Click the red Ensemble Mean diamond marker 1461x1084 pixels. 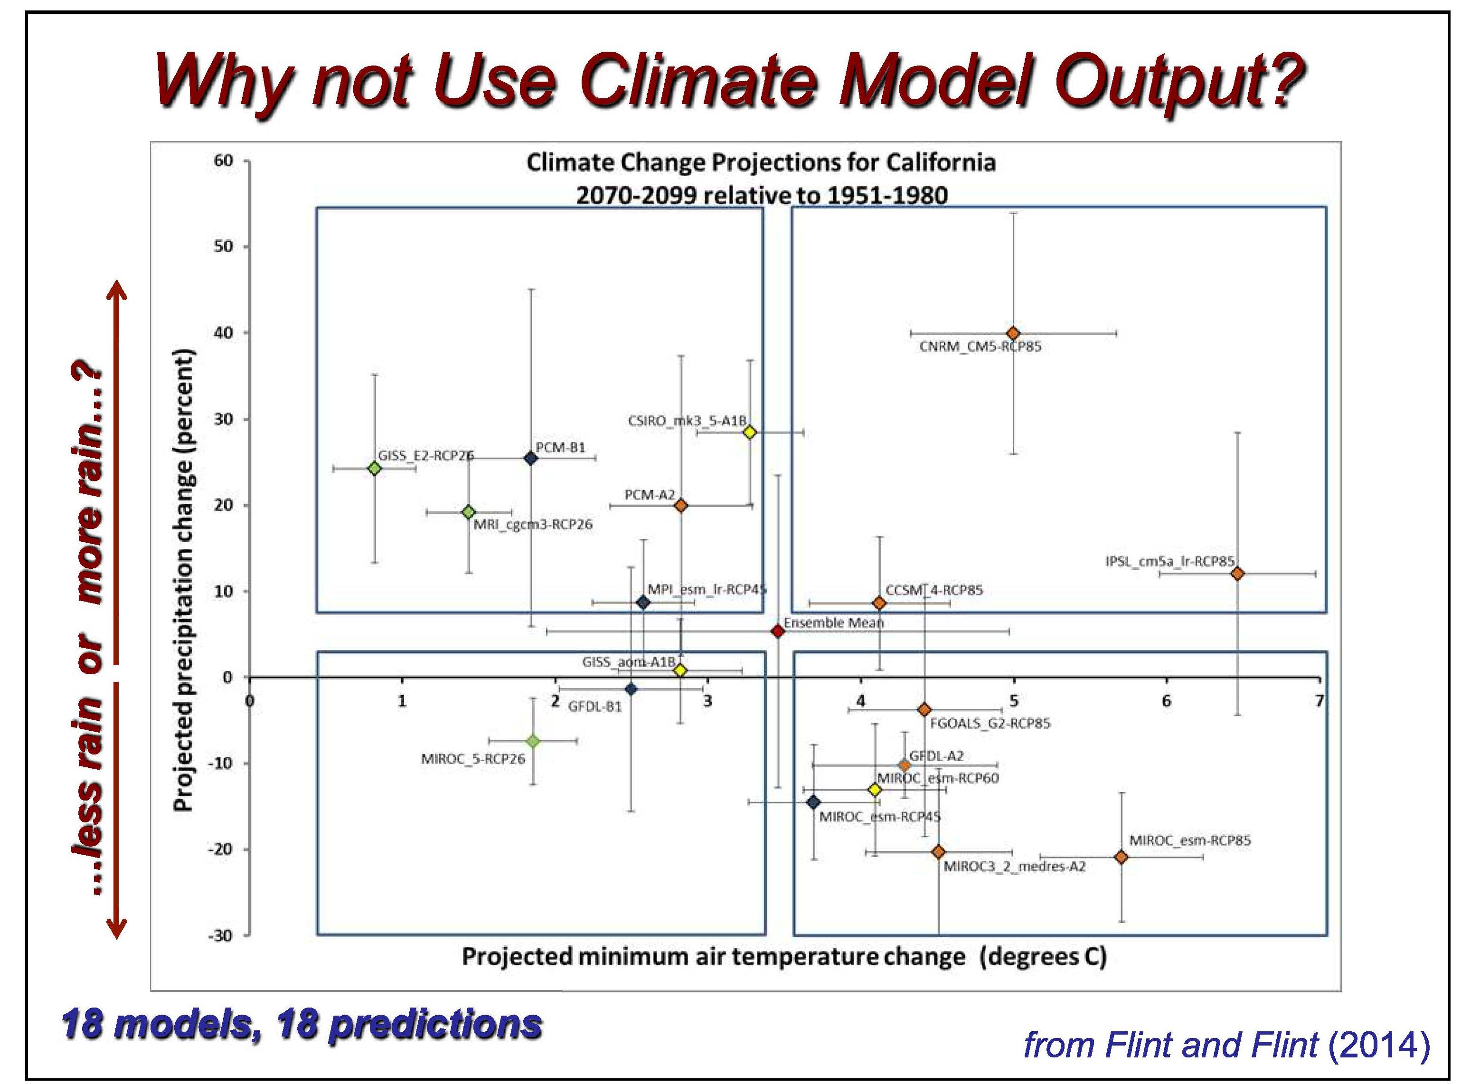pyautogui.click(x=777, y=631)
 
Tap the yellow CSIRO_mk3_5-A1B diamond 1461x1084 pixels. pyautogui.click(x=750, y=433)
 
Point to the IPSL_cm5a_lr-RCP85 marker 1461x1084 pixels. pyautogui.click(x=1237, y=574)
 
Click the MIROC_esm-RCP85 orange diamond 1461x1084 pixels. pyautogui.click(x=1121, y=857)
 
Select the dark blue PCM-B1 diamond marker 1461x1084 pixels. pyautogui.click(x=531, y=458)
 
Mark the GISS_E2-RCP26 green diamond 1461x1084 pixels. pyautogui.click(x=375, y=469)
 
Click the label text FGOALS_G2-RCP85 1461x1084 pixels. pyautogui.click(x=990, y=723)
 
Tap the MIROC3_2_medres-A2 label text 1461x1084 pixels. pyautogui.click(x=1014, y=867)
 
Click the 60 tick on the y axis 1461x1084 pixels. pyautogui.click(x=224, y=161)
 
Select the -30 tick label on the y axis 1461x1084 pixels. pyautogui.click(x=220, y=936)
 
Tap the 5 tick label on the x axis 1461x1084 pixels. pyautogui.click(x=1014, y=701)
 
